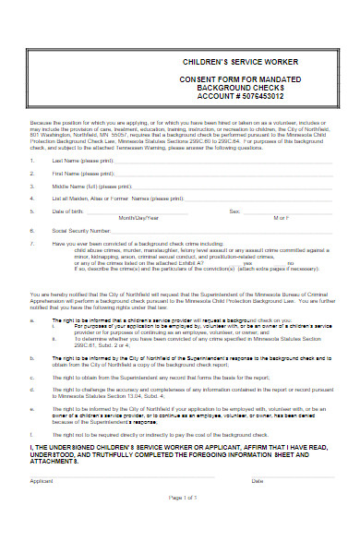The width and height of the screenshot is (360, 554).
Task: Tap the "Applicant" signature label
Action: tap(41, 481)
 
